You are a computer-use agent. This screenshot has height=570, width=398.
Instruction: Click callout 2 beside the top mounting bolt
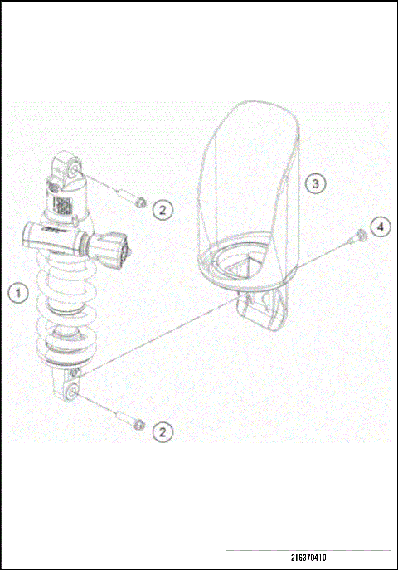click(164, 209)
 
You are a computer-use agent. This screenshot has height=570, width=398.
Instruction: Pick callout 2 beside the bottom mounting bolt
click(164, 431)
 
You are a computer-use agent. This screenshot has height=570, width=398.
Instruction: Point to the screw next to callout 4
click(360, 235)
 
